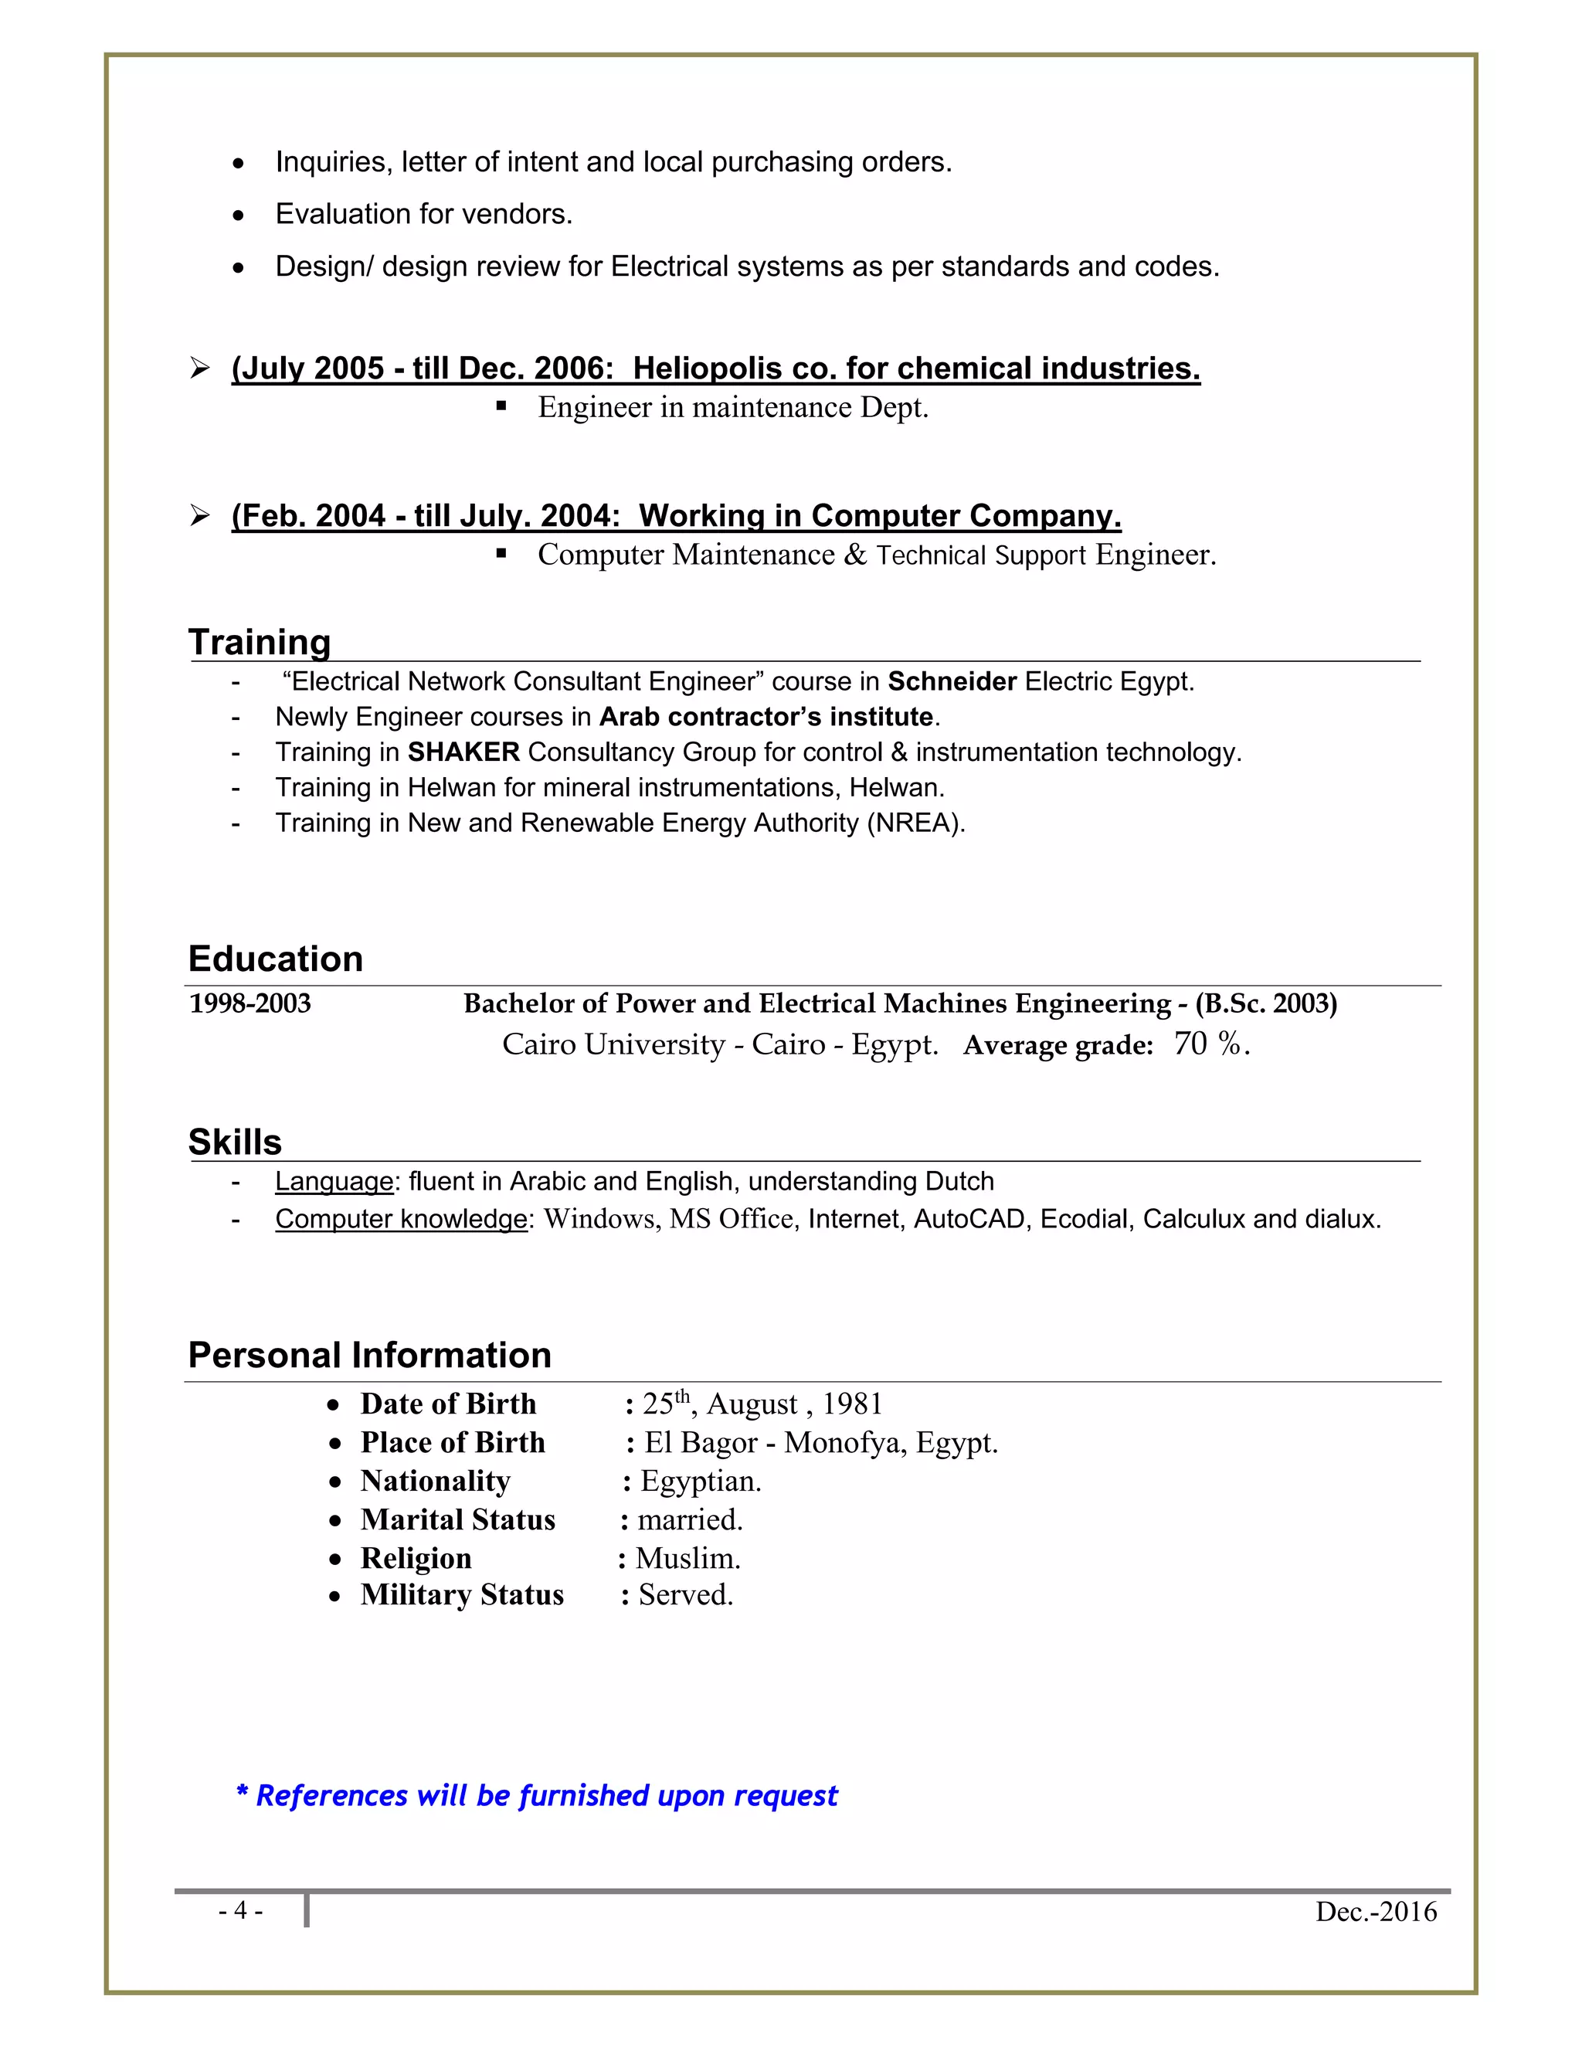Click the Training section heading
click(x=260, y=643)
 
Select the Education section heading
click(x=276, y=959)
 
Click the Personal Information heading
click(x=369, y=1356)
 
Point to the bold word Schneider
click(x=951, y=681)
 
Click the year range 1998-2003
click(x=250, y=1004)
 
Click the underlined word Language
click(x=334, y=1182)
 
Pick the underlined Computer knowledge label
click(x=401, y=1220)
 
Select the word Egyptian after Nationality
click(x=700, y=1481)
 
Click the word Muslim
click(x=687, y=1559)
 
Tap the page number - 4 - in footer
click(x=240, y=1911)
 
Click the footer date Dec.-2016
click(x=1375, y=1912)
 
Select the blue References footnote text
click(x=537, y=1796)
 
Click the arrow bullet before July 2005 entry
click(x=199, y=368)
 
